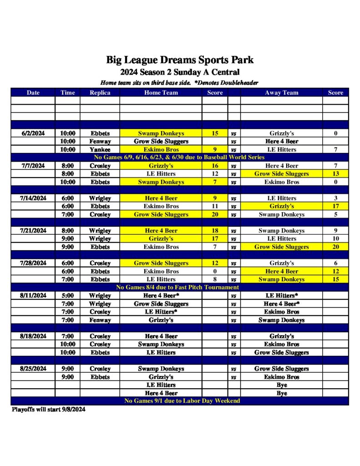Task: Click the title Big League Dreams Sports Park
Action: (x=180, y=60)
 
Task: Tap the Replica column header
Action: (x=100, y=92)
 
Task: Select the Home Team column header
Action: (x=161, y=92)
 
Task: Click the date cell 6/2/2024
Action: (x=33, y=133)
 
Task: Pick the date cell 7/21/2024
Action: (x=33, y=231)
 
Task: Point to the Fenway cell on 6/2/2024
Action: (x=100, y=142)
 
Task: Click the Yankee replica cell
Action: (x=100, y=150)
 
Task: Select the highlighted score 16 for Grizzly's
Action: (x=215, y=166)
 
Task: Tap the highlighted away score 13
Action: (x=335, y=174)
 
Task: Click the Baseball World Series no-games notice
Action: (x=180, y=157)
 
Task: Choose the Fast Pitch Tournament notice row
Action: (x=180, y=288)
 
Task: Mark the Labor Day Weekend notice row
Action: (x=180, y=401)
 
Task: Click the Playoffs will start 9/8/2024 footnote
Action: (x=48, y=409)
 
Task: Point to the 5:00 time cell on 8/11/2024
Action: (x=67, y=296)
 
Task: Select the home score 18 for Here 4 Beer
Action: (x=215, y=231)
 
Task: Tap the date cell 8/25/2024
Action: (x=33, y=369)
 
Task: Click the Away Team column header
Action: (x=281, y=92)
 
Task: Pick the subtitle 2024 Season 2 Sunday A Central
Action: (x=180, y=72)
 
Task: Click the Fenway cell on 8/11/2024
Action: (x=100, y=320)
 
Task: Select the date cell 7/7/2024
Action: (x=33, y=166)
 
